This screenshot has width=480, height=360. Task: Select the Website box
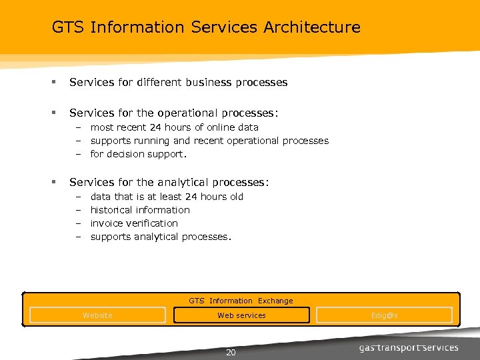click(x=97, y=315)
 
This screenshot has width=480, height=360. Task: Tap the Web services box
click(x=241, y=315)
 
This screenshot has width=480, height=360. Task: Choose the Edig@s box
click(x=385, y=315)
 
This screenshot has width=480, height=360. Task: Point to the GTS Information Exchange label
click(x=241, y=301)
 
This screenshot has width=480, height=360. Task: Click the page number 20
click(x=231, y=353)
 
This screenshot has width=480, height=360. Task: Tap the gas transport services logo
click(x=409, y=348)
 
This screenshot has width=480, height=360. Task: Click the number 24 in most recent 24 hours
click(x=155, y=127)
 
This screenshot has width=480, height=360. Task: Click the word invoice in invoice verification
click(x=107, y=223)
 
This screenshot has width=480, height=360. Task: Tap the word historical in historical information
click(x=111, y=210)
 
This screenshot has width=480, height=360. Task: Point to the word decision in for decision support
click(x=125, y=154)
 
